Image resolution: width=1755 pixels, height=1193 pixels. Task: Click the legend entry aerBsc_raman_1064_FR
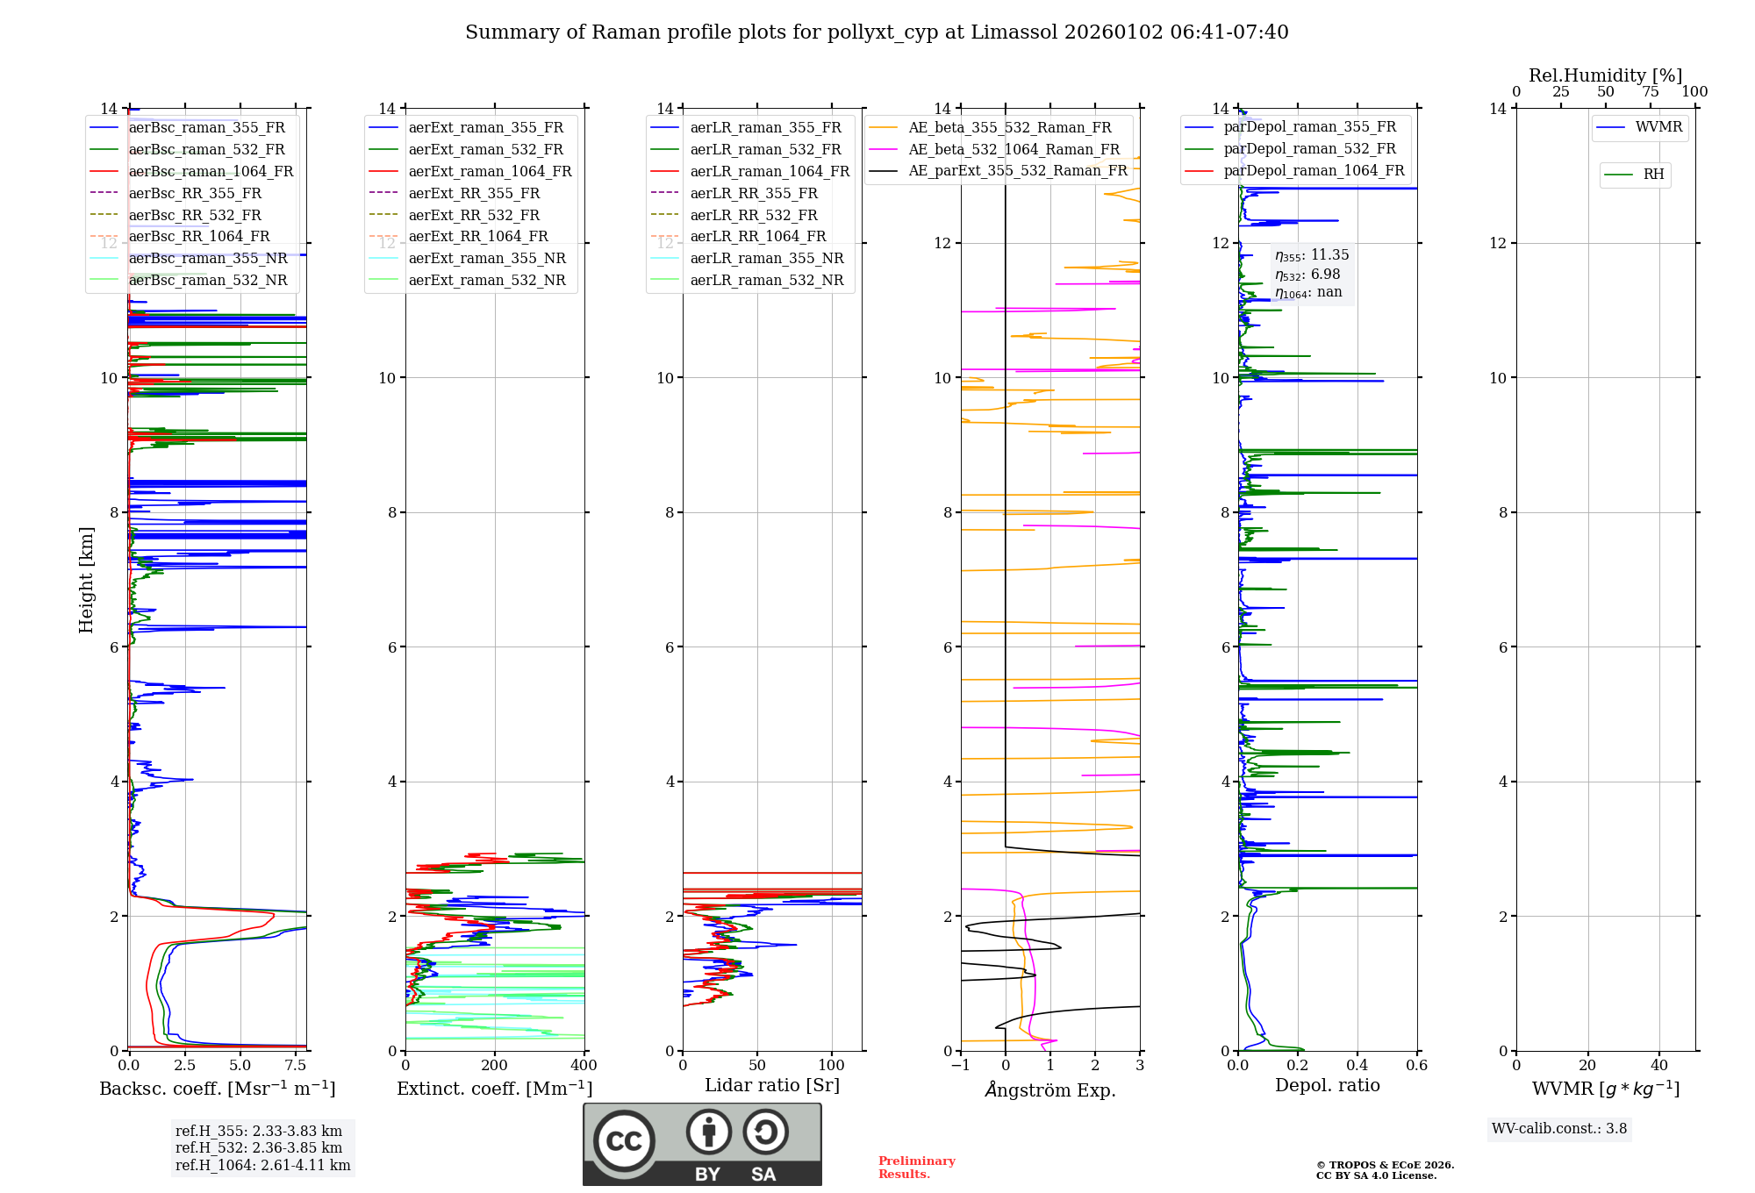pos(211,171)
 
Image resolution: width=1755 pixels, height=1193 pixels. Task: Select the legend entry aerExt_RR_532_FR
pos(474,215)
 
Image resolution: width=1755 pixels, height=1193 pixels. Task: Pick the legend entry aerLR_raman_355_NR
pos(766,258)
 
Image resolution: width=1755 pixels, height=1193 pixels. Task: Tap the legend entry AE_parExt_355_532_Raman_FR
pos(1017,170)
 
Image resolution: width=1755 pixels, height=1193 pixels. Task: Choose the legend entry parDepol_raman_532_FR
pos(1309,149)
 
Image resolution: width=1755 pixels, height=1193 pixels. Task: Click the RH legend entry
pos(1653,175)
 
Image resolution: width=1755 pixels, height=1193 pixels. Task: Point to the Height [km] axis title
pos(86,579)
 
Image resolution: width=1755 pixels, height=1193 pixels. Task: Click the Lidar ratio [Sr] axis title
pos(772,1085)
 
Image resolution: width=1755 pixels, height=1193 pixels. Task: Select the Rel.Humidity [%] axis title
pos(1605,75)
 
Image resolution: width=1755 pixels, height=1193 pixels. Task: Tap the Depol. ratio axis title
pos(1327,1085)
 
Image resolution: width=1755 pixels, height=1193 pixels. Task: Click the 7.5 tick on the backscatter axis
pos(296,1066)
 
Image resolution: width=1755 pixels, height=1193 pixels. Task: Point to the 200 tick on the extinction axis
pos(494,1066)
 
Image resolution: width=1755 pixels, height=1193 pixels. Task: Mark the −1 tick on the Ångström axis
pos(960,1066)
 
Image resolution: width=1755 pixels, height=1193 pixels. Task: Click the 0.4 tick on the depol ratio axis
pos(1357,1066)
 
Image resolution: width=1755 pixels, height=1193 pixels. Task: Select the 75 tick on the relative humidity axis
pos(1650,92)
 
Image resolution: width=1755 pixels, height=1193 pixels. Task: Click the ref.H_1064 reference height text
pos(262,1165)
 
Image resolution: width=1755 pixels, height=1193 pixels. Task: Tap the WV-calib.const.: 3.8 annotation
pos(1558,1129)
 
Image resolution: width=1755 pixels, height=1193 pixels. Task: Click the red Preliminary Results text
pos(916,1167)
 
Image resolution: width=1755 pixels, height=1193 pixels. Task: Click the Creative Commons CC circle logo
pos(624,1140)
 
